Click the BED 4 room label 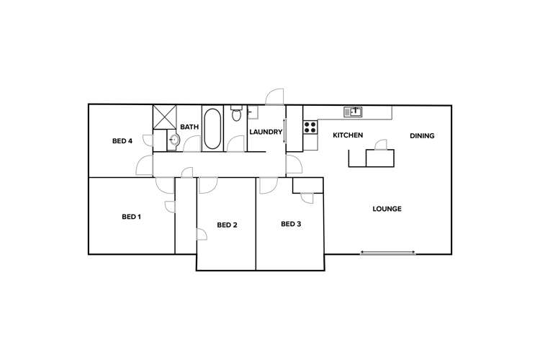[122, 141]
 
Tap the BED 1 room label [130, 216]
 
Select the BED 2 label [227, 225]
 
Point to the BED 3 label [290, 224]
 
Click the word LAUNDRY [265, 132]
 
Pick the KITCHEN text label [347, 135]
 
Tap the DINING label [422, 135]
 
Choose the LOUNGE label [387, 209]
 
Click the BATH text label [189, 127]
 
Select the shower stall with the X [164, 117]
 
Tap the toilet [235, 114]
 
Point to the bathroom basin [173, 140]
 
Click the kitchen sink [354, 111]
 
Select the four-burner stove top [310, 127]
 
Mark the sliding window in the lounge [388, 252]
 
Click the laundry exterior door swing [276, 96]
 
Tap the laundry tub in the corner [252, 111]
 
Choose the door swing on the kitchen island [382, 144]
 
